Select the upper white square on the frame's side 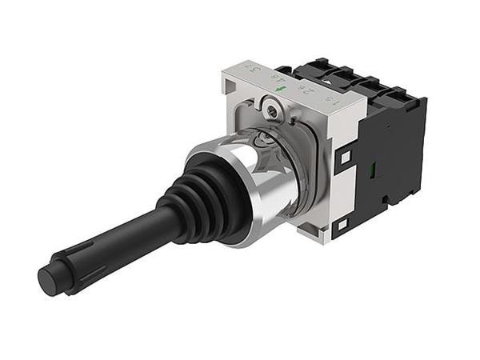coord(344,159)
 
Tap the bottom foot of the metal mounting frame coord(312,232)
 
